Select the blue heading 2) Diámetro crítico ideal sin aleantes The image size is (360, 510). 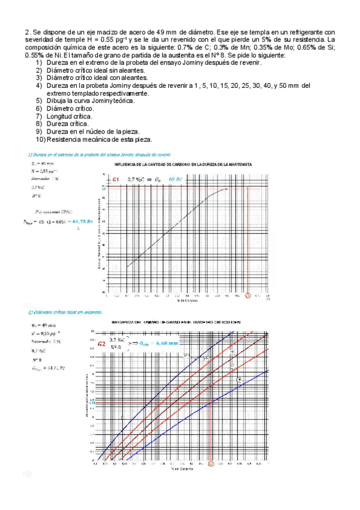[63, 312]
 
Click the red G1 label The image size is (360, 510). [115, 179]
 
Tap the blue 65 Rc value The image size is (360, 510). [177, 179]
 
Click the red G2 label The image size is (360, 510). [102, 344]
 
